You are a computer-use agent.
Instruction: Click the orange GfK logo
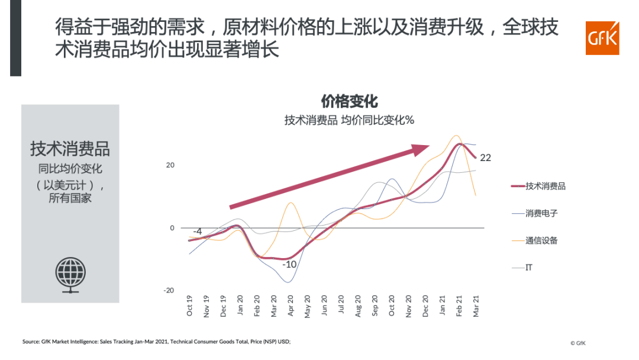pyautogui.click(x=602, y=38)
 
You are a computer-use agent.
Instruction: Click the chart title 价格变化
pyautogui.click(x=349, y=101)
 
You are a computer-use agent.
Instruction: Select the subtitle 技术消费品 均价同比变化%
pyautogui.click(x=349, y=120)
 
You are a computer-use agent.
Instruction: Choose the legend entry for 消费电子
pyautogui.click(x=541, y=213)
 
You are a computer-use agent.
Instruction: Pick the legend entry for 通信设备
pyautogui.click(x=541, y=240)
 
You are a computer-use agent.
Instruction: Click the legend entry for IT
pyautogui.click(x=529, y=268)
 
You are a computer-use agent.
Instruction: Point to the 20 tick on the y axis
pyautogui.click(x=170, y=165)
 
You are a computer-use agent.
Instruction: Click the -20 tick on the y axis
pyautogui.click(x=169, y=290)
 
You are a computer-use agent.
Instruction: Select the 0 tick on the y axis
pyautogui.click(x=172, y=228)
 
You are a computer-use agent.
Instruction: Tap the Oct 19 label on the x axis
pyautogui.click(x=190, y=306)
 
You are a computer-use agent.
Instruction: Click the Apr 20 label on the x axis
pyautogui.click(x=291, y=306)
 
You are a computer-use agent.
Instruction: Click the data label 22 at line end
pyautogui.click(x=486, y=158)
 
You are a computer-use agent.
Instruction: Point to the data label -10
pyautogui.click(x=289, y=265)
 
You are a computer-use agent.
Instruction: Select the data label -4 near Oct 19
pyautogui.click(x=198, y=232)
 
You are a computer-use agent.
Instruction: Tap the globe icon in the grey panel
pyautogui.click(x=70, y=274)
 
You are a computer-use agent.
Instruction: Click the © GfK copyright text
pyautogui.click(x=578, y=343)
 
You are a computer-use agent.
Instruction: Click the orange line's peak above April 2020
pyautogui.click(x=291, y=203)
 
